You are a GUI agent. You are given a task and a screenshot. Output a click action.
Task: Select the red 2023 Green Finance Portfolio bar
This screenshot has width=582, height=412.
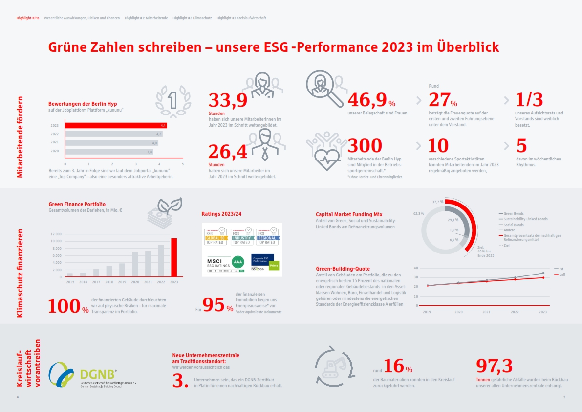tap(173, 257)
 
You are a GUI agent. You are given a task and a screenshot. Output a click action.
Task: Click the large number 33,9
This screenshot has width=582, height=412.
tap(228, 100)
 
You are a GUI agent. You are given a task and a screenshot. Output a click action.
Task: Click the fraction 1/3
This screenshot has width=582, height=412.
tap(529, 100)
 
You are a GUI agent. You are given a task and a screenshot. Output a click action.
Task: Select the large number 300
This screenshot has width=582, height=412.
tap(365, 146)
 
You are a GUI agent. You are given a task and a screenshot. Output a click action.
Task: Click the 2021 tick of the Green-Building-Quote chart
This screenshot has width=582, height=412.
tap(487, 311)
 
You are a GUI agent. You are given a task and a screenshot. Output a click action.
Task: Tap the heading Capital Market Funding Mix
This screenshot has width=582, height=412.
tap(349, 214)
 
